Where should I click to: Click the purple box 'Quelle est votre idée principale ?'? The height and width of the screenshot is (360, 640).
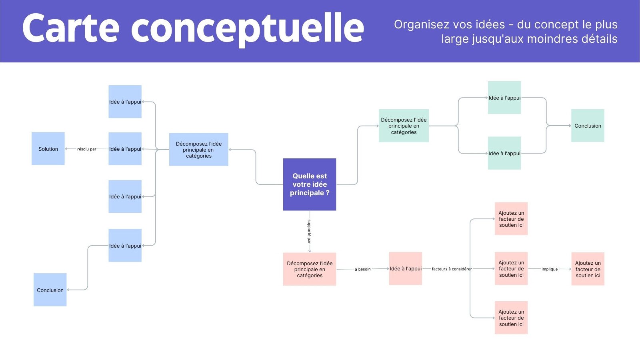pyautogui.click(x=310, y=184)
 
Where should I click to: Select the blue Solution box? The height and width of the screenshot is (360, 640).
pyautogui.click(x=48, y=148)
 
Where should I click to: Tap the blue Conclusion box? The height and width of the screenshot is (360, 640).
pyautogui.click(x=50, y=290)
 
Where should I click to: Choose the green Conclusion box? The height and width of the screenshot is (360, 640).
pyautogui.click(x=588, y=126)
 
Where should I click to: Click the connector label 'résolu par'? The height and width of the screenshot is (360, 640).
pyautogui.click(x=87, y=149)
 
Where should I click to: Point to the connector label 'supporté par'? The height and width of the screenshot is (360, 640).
pyautogui.click(x=309, y=231)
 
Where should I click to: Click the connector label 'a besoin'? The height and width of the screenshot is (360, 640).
pyautogui.click(x=363, y=269)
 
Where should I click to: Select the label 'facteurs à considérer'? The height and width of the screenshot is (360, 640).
pyautogui.click(x=452, y=269)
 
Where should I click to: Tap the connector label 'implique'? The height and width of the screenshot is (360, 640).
pyautogui.click(x=550, y=269)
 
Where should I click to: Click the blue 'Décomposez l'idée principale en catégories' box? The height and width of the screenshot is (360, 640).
pyautogui.click(x=199, y=150)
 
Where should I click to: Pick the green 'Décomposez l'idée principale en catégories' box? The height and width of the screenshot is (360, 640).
pyautogui.click(x=404, y=126)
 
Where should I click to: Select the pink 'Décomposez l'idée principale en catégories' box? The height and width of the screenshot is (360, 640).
pyautogui.click(x=310, y=269)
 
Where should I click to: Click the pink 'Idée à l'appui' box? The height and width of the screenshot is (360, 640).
pyautogui.click(x=406, y=268)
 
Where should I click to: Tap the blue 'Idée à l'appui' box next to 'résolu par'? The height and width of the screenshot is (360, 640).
pyautogui.click(x=125, y=149)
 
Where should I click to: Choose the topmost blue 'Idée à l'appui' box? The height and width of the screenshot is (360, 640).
pyautogui.click(x=125, y=102)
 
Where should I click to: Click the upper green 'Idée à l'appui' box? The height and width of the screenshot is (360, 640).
pyautogui.click(x=504, y=98)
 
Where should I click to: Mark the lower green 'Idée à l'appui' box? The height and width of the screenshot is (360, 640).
pyautogui.click(x=504, y=153)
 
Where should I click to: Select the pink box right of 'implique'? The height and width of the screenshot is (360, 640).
pyautogui.click(x=588, y=269)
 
